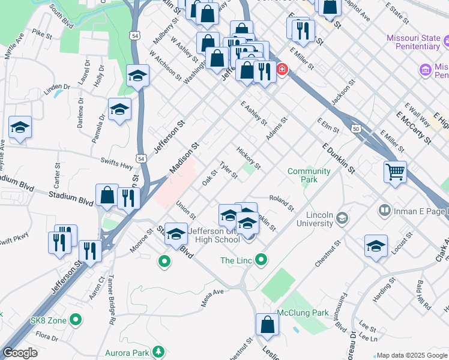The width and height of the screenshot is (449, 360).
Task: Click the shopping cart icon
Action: pyautogui.click(x=395, y=172)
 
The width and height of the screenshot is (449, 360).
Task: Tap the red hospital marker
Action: pyautogui.click(x=282, y=70)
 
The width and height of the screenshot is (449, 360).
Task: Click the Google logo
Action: pyautogui.click(x=20, y=353)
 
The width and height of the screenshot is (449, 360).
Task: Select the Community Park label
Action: pyautogui.click(x=309, y=175)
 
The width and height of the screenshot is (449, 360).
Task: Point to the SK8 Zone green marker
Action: pyautogui.click(x=75, y=319)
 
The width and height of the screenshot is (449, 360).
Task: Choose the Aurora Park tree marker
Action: pyautogui.click(x=158, y=351)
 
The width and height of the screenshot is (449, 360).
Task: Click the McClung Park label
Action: pyautogui.click(x=303, y=313)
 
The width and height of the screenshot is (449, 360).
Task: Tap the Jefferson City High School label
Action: pyautogui.click(x=214, y=236)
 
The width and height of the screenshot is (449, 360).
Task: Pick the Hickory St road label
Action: pyautogui.click(x=249, y=157)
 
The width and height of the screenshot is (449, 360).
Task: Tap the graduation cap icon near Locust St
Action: pyautogui.click(x=376, y=246)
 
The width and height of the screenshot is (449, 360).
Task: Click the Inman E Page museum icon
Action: pyautogui.click(x=384, y=211)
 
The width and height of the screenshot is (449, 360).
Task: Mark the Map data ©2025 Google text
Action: pyautogui.click(x=412, y=355)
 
